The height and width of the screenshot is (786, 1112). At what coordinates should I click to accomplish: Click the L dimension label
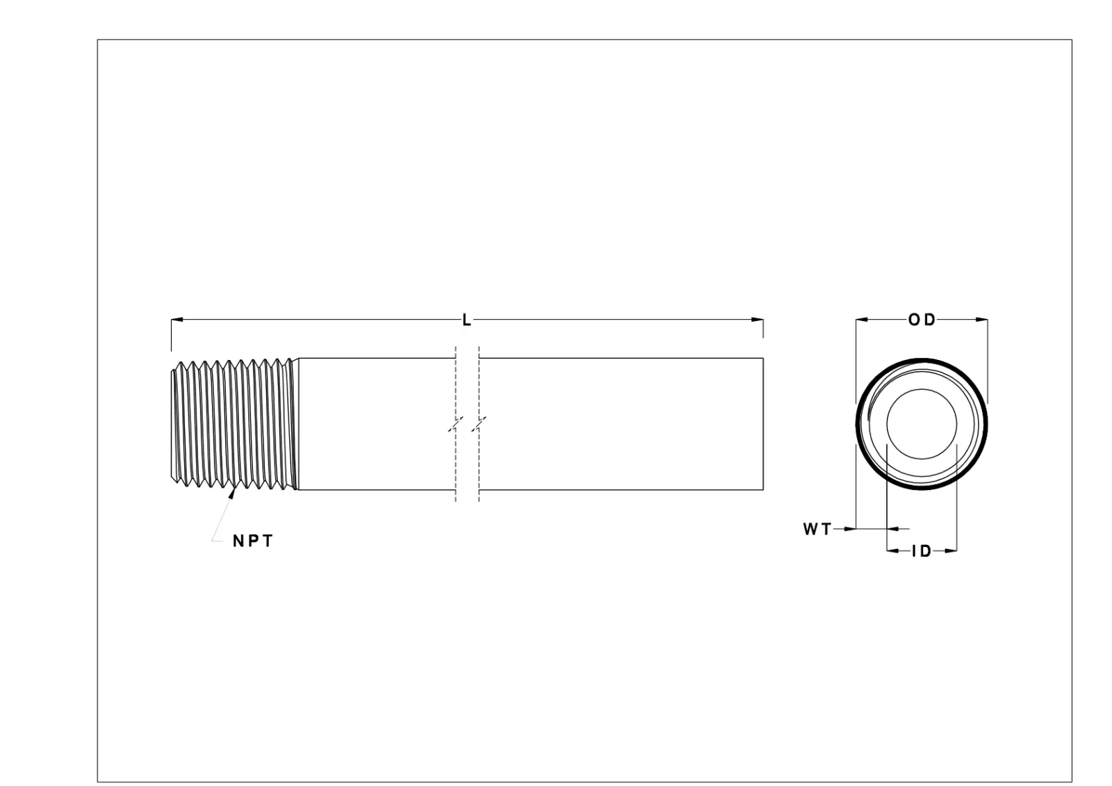tap(466, 320)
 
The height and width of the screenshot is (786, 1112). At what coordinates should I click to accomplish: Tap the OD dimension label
tap(922, 320)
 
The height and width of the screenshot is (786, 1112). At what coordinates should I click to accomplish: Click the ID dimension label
tap(921, 552)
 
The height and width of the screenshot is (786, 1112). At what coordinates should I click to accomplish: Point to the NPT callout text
tap(253, 541)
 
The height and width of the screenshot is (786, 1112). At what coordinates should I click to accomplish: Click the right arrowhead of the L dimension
tap(758, 320)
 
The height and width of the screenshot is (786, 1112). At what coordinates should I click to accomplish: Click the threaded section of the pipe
tap(233, 424)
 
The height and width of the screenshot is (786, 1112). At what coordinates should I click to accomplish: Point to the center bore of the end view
tap(922, 424)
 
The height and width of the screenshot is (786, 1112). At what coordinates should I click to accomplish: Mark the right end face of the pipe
tap(763, 424)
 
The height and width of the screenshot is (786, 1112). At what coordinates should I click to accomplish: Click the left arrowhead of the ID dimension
tap(892, 552)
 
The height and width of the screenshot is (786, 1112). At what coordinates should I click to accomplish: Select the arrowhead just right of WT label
tap(849, 530)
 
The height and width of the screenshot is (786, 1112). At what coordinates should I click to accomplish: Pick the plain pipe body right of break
tap(619, 424)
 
